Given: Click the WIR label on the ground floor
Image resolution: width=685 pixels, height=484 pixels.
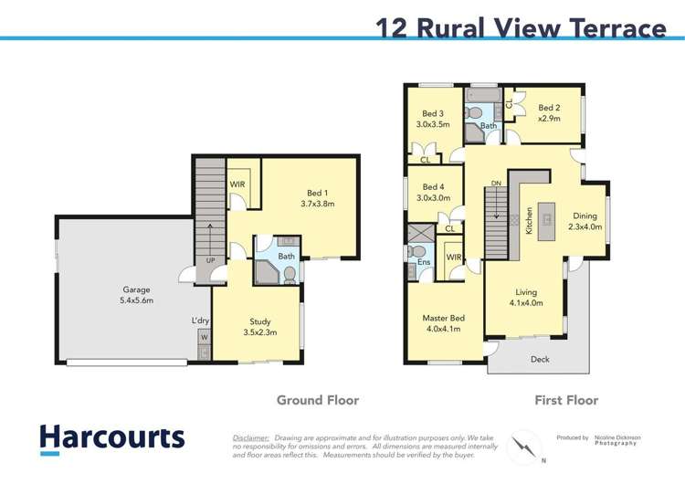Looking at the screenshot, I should click(237, 184).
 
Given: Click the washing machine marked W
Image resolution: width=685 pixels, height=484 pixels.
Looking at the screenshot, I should click(202, 335).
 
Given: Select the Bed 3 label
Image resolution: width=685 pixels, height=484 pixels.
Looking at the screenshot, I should click(435, 113).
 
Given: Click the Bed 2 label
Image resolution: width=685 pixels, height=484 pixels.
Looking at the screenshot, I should click(549, 108).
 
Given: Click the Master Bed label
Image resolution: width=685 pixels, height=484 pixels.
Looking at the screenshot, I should click(444, 318).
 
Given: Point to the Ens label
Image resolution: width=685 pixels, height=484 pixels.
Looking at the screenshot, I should click(424, 262).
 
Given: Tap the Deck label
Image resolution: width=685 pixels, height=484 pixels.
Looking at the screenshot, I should click(541, 360).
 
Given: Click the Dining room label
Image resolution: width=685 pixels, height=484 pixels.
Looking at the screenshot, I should click(585, 216).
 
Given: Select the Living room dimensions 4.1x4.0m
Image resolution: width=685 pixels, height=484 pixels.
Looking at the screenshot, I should click(525, 303).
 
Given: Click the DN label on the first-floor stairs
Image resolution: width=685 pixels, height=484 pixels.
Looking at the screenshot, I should click(496, 184).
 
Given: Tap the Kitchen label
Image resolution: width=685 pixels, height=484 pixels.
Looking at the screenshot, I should click(529, 222).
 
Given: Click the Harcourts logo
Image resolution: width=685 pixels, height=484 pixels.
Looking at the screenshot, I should click(111, 437).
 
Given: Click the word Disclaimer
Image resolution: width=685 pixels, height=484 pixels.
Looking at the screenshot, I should click(251, 438).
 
